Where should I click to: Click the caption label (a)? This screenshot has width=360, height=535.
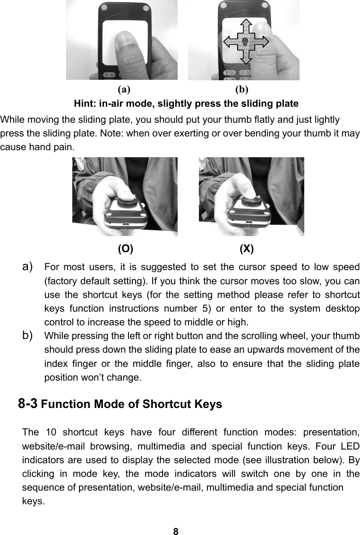124,88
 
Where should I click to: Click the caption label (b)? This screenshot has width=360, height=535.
242,88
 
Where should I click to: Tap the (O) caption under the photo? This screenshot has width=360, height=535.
125,249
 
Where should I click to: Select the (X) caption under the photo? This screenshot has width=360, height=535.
247,249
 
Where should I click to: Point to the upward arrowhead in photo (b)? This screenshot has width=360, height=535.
245,24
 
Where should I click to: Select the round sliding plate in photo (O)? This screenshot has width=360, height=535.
127,201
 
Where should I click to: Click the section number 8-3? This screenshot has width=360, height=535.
28,404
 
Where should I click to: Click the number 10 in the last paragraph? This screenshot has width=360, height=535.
51,433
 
